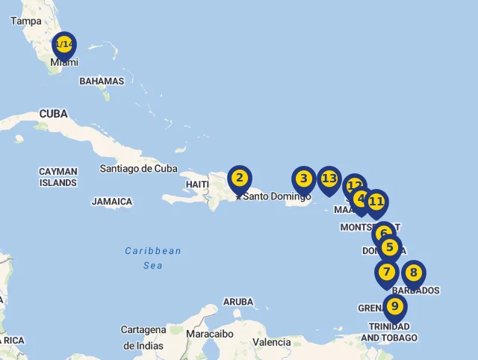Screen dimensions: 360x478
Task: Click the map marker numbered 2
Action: [x=239, y=179]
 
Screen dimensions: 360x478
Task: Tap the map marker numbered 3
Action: [x=303, y=179]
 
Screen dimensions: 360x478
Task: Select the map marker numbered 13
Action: [x=329, y=179]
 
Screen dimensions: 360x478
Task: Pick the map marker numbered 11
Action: [x=376, y=202]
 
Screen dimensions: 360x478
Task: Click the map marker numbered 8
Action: [x=413, y=273]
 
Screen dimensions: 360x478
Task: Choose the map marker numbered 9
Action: [x=394, y=306]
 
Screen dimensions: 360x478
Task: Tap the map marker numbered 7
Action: [x=386, y=273]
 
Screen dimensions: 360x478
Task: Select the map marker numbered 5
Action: [x=389, y=248]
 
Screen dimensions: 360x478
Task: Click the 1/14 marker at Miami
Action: [x=65, y=46]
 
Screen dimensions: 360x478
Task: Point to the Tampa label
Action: [x=26, y=21]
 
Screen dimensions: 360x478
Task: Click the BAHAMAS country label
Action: [x=102, y=81]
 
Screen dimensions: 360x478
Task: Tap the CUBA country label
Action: [x=53, y=114]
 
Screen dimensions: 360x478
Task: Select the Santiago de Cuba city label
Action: [x=139, y=168]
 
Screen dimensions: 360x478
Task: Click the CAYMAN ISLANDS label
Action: [x=58, y=177]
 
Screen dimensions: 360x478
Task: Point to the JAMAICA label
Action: [x=112, y=202]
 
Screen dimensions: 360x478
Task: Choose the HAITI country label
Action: [x=197, y=184]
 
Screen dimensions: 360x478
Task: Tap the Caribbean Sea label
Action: [x=153, y=258]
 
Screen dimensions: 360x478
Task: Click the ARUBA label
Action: [x=238, y=302]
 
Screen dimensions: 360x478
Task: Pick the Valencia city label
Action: [x=272, y=342]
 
